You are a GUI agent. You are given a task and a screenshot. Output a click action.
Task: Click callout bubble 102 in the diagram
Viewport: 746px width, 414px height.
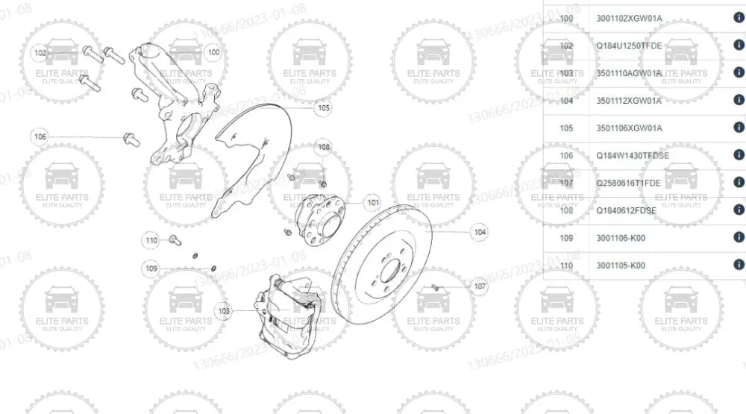40,53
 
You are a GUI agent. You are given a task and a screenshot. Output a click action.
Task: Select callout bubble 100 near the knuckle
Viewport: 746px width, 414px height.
213,52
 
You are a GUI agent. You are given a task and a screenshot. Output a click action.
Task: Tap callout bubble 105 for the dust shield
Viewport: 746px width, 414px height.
322,107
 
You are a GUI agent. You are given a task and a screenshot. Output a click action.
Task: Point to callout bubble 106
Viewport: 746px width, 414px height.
40,137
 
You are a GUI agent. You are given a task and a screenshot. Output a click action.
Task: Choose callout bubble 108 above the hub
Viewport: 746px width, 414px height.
323,147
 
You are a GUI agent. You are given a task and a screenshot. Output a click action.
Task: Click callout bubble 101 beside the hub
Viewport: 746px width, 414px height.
372,202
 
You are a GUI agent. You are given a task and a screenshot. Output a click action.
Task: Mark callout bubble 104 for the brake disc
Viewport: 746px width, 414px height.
480,233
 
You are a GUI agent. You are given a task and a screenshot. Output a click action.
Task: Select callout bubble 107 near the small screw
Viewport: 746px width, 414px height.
480,286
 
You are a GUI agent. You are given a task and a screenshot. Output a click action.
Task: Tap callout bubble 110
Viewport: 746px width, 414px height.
151,239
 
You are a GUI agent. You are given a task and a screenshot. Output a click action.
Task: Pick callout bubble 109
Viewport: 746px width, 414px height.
151,268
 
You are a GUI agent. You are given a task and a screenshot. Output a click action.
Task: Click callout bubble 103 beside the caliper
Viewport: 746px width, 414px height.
222,310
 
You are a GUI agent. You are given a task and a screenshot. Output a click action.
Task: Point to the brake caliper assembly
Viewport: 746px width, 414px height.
291,310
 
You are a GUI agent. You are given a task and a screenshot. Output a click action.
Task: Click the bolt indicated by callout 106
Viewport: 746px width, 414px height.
130,138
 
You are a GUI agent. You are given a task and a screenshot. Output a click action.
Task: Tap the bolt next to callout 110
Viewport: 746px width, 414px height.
175,240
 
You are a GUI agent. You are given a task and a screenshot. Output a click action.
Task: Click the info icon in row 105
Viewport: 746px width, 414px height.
739,128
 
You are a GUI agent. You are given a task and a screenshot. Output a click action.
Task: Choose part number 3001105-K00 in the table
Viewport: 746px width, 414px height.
621,265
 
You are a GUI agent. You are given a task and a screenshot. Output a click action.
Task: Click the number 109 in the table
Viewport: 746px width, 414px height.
566,238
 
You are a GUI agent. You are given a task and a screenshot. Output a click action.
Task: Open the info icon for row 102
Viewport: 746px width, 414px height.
739,46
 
